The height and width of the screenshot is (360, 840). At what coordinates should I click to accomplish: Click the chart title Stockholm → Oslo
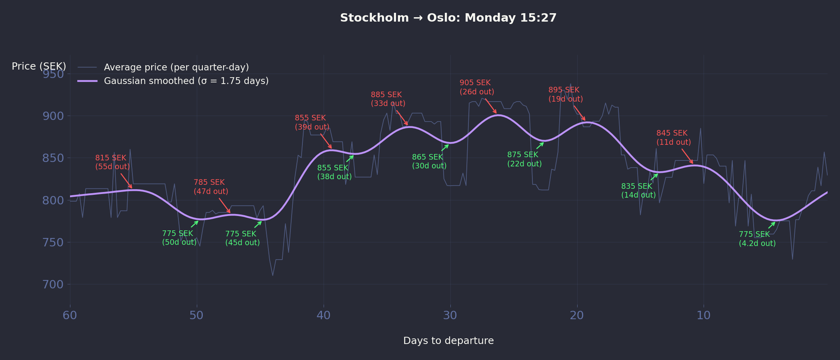[x=448, y=18]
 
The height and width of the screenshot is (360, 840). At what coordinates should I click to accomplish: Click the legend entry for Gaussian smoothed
[x=186, y=81]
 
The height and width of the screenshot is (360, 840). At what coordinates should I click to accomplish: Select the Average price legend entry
[x=176, y=67]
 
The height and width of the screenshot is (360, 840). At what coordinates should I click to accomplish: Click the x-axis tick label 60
[x=70, y=316]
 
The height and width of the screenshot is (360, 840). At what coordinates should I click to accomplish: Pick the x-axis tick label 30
[x=450, y=316]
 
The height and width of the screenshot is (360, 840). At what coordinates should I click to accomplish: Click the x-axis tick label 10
[x=704, y=316]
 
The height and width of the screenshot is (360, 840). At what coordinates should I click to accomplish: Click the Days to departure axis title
[x=448, y=341]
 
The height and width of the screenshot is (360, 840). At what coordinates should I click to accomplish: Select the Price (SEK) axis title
[x=39, y=66]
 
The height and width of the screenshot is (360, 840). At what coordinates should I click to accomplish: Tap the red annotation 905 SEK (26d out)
[x=476, y=87]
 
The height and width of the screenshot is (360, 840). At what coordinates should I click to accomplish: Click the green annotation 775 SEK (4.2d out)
[x=757, y=239]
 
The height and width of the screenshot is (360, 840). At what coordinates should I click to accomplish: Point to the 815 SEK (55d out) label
[x=112, y=162]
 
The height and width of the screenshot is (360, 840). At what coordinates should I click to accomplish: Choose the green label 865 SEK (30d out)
[x=429, y=162]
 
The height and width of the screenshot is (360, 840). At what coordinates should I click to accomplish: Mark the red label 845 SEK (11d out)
[x=673, y=138]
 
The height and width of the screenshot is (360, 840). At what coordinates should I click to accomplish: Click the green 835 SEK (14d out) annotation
[x=638, y=191]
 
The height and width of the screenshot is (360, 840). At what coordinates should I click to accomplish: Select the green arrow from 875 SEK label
[x=540, y=146]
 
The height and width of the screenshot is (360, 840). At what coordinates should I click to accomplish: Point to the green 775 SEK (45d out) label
[x=242, y=238]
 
